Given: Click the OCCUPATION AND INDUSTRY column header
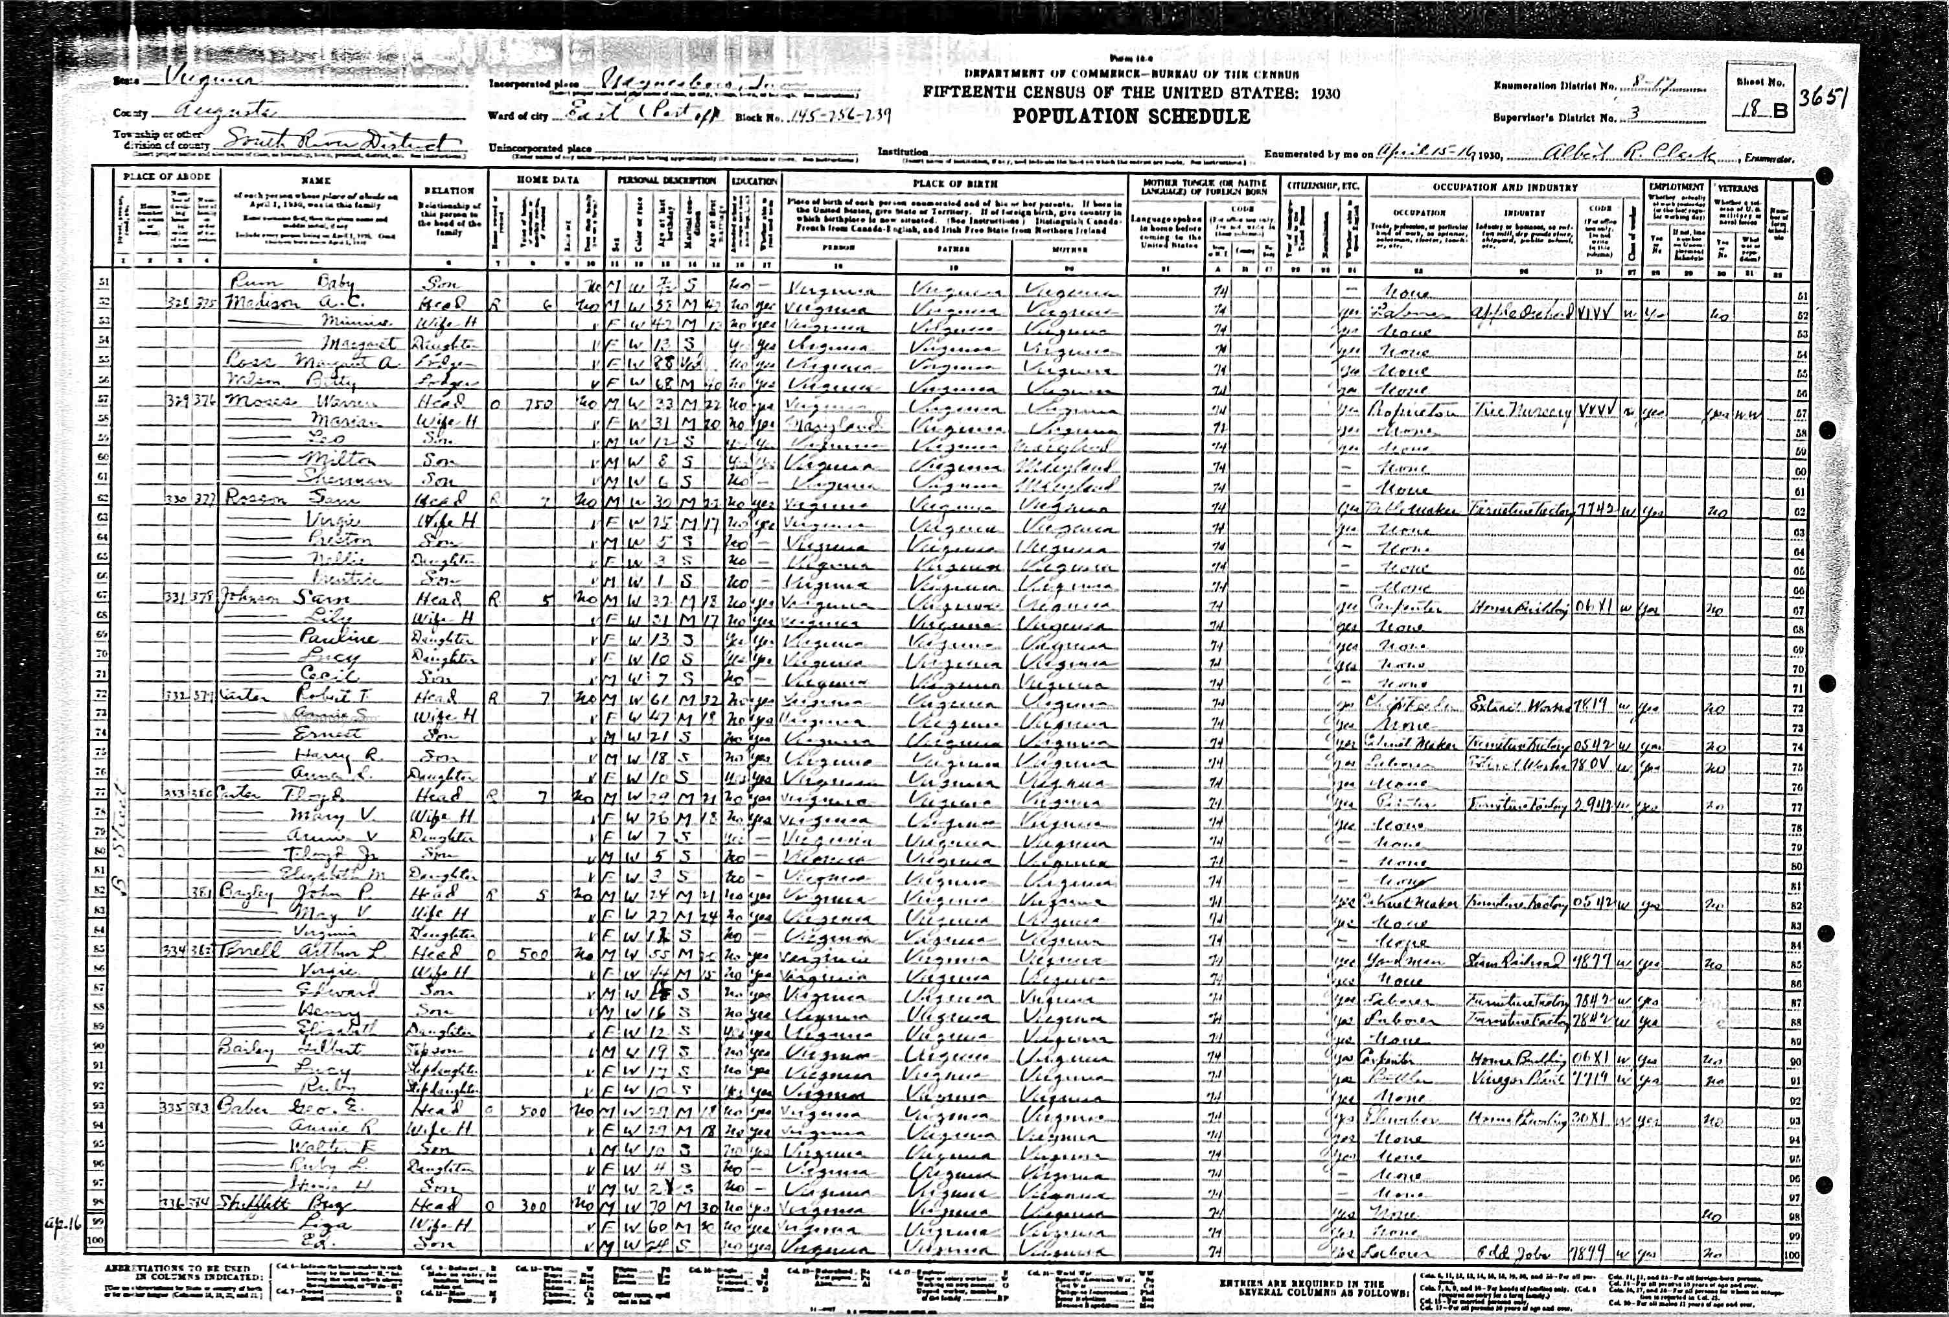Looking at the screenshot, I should (1505, 187).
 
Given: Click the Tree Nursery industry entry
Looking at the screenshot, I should (1521, 412).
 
